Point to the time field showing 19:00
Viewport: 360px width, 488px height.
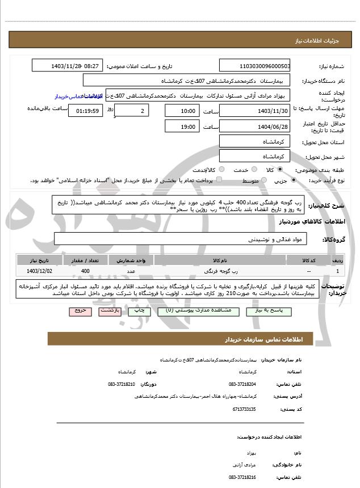181,127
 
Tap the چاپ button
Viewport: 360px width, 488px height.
137,311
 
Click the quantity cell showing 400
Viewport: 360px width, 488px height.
85,272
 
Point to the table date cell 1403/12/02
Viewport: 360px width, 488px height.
39,272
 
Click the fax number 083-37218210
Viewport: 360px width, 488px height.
122,384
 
